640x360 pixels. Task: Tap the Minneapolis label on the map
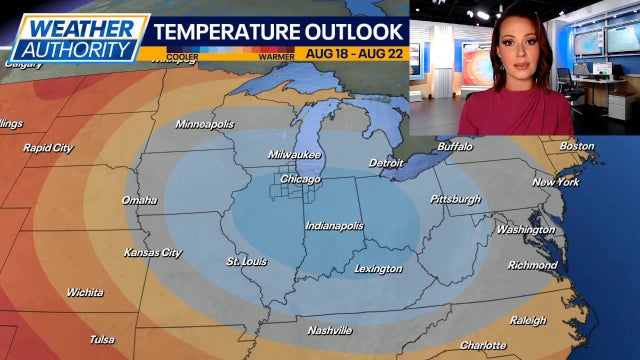(205, 124)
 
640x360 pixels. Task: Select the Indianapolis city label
(334, 226)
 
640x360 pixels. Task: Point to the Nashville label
(330, 330)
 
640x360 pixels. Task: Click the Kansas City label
(152, 253)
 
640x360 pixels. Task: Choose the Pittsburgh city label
(455, 199)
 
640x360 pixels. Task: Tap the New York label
(556, 182)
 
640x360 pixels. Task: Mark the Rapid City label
(48, 148)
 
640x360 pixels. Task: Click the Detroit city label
(386, 162)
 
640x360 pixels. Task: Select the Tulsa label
(102, 339)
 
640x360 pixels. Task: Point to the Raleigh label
(528, 320)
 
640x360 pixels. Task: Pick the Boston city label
(577, 146)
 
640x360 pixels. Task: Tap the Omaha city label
(139, 200)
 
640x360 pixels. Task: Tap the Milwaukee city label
(294, 155)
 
